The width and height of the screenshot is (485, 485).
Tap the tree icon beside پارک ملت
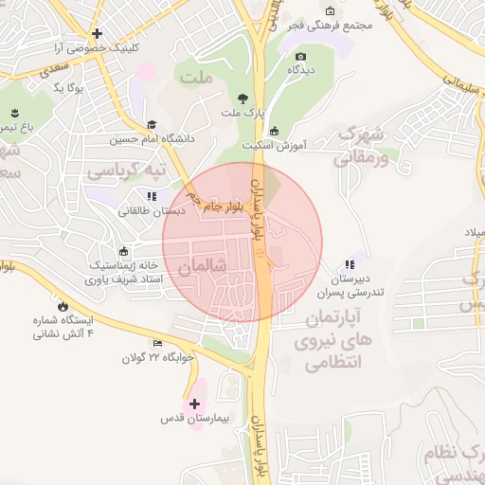click(x=243, y=98)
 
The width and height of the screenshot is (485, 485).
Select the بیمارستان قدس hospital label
click(x=194, y=418)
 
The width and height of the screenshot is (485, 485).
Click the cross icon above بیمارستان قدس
click(x=195, y=404)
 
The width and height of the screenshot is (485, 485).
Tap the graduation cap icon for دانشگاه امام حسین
click(x=152, y=124)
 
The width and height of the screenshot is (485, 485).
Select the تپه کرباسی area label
click(x=126, y=171)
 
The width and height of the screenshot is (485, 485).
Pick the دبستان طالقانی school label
click(x=151, y=211)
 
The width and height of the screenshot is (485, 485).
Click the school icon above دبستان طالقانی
click(x=151, y=197)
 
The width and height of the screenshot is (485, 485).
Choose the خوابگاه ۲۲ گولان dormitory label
click(x=157, y=358)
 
